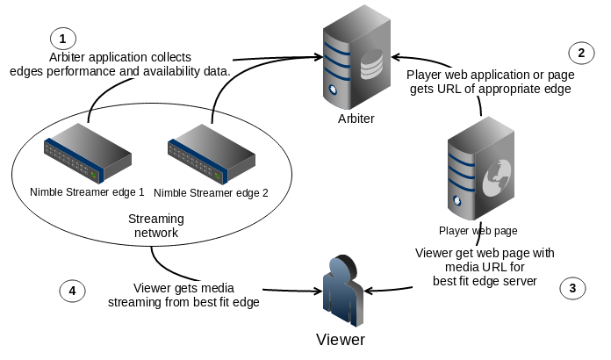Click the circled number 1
click(x=62, y=38)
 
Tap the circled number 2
click(x=580, y=53)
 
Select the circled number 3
click(x=572, y=286)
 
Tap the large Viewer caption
click(x=340, y=339)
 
